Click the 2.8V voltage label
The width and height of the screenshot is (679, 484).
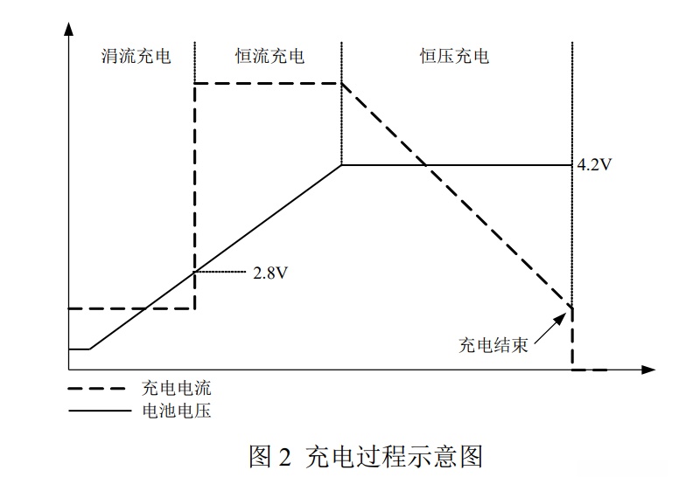270,273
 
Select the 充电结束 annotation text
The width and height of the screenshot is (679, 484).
493,344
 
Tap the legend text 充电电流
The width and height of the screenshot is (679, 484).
176,387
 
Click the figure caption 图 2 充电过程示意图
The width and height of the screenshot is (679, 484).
366,456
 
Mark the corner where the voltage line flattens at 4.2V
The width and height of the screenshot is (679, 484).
340,164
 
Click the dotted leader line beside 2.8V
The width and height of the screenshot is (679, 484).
220,273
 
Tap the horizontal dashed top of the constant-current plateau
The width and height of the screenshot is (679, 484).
267,83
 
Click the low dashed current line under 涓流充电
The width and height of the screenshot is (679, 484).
131,308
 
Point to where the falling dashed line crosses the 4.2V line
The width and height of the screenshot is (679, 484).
423,164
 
